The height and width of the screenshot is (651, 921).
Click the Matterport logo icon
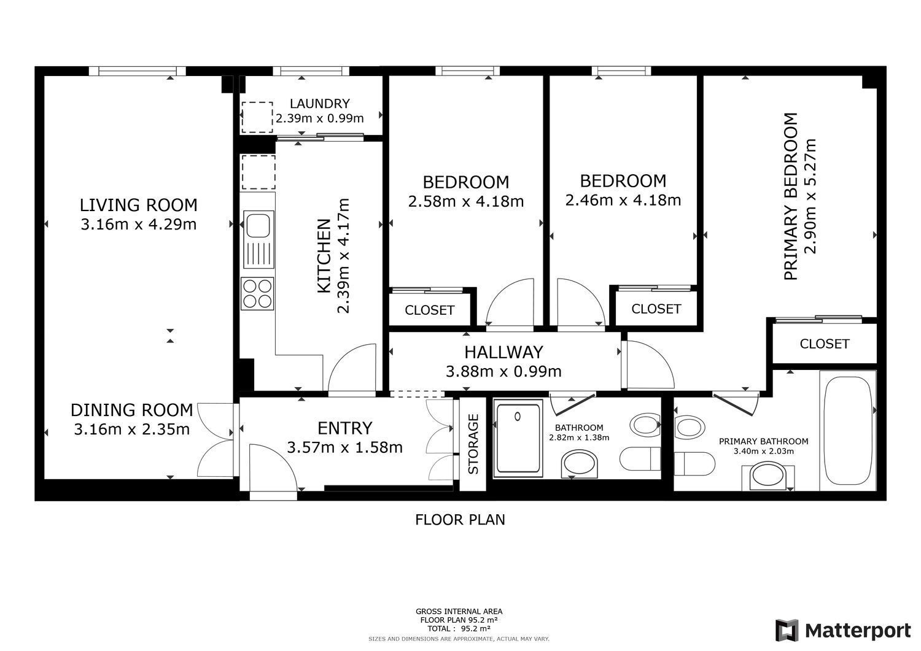787,630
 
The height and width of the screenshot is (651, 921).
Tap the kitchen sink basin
258,225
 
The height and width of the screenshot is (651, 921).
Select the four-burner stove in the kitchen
258,294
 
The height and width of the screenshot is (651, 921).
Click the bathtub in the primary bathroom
848,431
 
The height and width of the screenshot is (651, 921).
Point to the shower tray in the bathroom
518,437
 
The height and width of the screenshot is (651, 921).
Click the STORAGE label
473,444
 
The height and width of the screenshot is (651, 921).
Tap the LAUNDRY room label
319,103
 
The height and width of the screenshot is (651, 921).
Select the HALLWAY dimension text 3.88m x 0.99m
503,372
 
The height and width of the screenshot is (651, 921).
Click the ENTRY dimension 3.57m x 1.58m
344,447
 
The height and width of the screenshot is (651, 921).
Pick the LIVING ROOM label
139,205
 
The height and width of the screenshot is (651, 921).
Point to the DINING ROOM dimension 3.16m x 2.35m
131,429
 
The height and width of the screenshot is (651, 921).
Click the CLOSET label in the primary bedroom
825,344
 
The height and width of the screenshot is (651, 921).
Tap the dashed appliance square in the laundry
257,117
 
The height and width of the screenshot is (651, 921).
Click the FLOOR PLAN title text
460,520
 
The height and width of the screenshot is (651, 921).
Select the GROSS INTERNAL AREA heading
459,612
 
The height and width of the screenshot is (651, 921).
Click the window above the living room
138,71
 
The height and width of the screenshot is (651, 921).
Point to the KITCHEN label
324,256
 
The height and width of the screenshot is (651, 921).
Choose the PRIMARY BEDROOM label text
790,196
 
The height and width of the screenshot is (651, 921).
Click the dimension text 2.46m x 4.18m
623,200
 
